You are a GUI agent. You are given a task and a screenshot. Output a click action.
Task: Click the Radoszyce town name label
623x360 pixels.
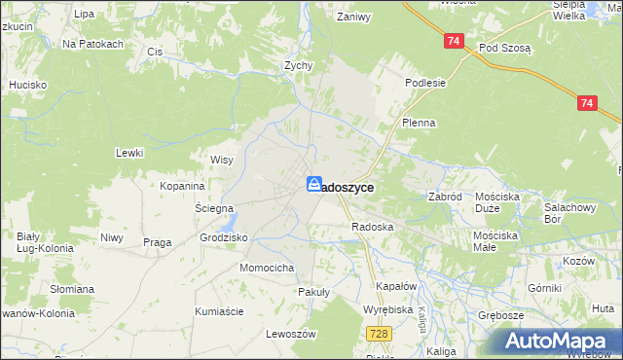(x=347, y=186)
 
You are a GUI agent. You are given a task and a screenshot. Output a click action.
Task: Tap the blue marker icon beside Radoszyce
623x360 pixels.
(x=314, y=184)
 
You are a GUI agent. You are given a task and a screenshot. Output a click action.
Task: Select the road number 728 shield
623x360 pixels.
(x=381, y=334)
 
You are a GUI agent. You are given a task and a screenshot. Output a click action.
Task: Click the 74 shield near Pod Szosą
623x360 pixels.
(x=454, y=42)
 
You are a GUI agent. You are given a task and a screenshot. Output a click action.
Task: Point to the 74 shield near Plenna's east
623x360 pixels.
(x=586, y=102)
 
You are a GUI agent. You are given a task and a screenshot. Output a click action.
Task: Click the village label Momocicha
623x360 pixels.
(x=268, y=267)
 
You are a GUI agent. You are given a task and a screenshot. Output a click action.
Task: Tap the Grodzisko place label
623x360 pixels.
(x=224, y=237)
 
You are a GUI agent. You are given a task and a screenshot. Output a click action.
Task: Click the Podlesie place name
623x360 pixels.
(x=425, y=83)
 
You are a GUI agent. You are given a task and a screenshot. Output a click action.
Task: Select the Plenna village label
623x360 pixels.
(x=419, y=124)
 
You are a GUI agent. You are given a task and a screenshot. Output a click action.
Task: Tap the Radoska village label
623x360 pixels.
(x=372, y=227)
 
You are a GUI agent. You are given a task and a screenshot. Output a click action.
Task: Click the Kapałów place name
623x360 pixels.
(x=396, y=287)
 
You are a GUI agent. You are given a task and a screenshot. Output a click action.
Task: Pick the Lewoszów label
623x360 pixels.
(x=292, y=334)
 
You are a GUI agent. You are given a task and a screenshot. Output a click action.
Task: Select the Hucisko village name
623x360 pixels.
(x=28, y=85)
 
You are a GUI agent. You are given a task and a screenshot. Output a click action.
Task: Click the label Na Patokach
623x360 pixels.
(x=92, y=44)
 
